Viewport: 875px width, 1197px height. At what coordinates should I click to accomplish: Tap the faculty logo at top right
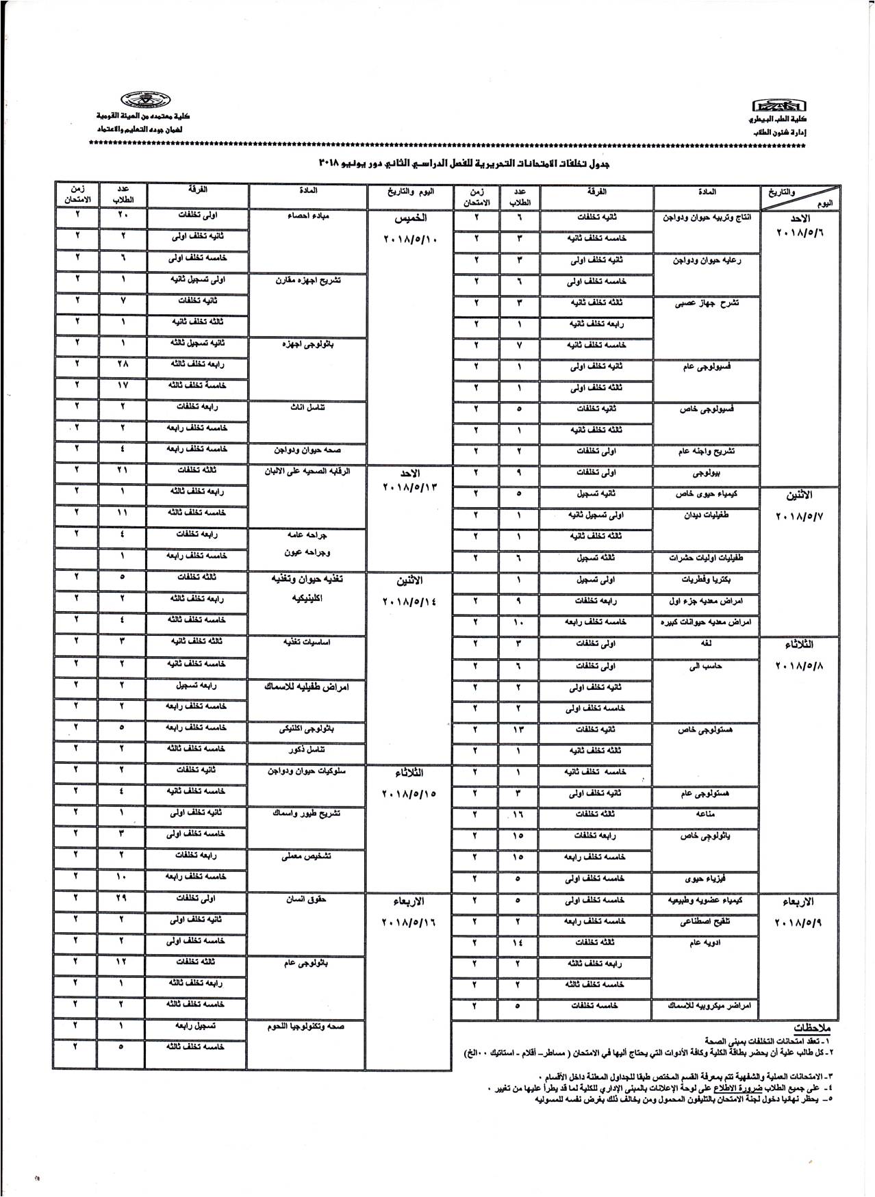tap(778, 106)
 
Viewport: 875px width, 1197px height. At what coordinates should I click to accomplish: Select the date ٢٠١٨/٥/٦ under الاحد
tap(800, 233)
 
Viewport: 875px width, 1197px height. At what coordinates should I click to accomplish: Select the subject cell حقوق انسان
tap(306, 898)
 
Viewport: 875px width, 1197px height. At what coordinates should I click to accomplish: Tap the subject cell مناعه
tap(706, 814)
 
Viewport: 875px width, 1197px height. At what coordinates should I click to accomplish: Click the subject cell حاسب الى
tap(705, 666)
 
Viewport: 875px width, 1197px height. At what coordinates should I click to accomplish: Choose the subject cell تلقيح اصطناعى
tap(706, 921)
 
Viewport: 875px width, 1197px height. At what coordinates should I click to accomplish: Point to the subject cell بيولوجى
tap(706, 473)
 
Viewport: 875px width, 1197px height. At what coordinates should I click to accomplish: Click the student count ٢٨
tap(121, 365)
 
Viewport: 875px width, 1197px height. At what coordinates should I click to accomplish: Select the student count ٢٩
tap(121, 899)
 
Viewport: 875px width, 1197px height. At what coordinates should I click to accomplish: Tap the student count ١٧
tap(121, 386)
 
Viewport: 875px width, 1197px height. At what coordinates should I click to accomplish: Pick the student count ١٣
tap(518, 730)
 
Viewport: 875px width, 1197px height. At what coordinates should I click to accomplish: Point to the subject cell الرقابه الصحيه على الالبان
tap(307, 471)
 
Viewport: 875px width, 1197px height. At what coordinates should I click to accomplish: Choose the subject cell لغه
tap(706, 644)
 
